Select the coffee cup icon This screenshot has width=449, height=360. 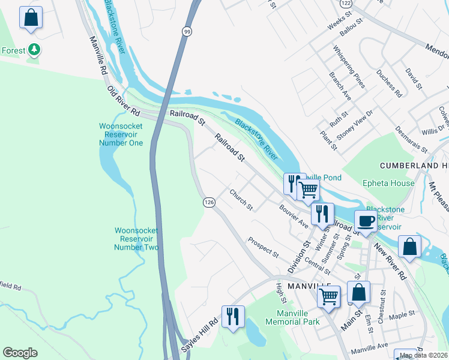(366, 221)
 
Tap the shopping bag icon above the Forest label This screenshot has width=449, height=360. (31, 17)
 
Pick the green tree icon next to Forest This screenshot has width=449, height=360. (35, 50)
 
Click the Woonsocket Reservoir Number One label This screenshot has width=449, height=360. (121, 134)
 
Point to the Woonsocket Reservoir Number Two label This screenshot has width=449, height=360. (136, 238)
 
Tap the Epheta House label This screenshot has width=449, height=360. (388, 183)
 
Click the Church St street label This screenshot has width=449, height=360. (241, 200)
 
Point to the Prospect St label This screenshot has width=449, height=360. (264, 246)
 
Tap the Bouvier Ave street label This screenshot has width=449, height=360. (294, 215)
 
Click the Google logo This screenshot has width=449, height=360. (20, 353)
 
